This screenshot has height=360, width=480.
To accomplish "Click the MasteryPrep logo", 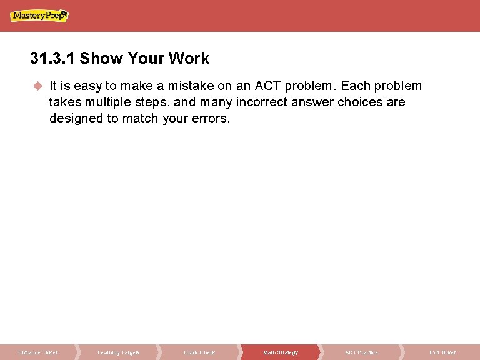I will pyautogui.click(x=39, y=16).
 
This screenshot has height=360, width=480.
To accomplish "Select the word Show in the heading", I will pyautogui.click(x=101, y=59).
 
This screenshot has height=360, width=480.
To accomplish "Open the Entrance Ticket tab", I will pyautogui.click(x=38, y=352).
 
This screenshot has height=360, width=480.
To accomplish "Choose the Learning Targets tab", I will pyautogui.click(x=119, y=352).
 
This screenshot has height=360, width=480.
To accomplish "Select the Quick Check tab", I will pyautogui.click(x=199, y=352).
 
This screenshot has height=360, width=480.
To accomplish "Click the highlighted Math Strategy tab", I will pyautogui.click(x=281, y=352).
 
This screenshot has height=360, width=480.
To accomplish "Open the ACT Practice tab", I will pyautogui.click(x=361, y=352).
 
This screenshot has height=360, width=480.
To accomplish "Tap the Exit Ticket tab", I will pyautogui.click(x=442, y=352).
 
